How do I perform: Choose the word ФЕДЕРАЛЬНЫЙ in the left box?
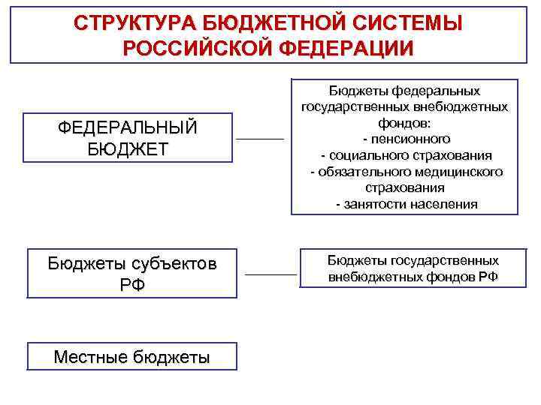tap(128, 127)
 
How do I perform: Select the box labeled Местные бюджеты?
tap(132, 357)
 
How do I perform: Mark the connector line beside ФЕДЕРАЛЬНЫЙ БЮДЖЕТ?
tap(260, 139)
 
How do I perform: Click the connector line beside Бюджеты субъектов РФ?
tap(271, 274)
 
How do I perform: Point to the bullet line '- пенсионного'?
tap(406, 139)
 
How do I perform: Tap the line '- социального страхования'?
tap(406, 155)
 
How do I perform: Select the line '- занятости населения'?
tap(406, 204)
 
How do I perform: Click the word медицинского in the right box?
tap(455, 172)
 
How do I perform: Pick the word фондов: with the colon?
tap(406, 123)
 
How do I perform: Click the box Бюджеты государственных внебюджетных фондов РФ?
tap(413, 268)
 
